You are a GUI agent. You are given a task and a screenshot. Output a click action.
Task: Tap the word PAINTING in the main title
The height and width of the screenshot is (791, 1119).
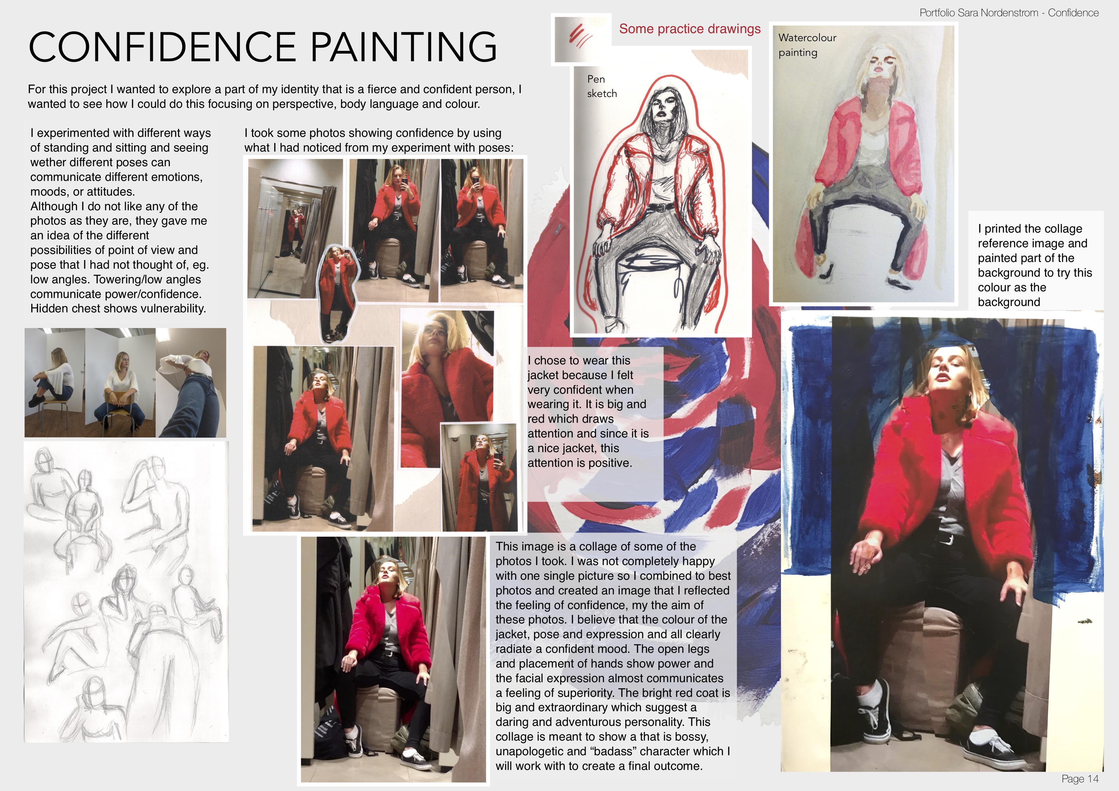[404, 47]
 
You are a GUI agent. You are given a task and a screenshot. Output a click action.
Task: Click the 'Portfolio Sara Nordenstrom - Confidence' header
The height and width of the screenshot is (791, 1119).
[1009, 13]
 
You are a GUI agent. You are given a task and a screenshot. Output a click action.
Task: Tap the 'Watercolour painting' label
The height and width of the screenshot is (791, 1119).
[807, 45]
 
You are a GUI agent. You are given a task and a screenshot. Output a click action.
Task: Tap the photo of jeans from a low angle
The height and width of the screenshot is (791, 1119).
[191, 383]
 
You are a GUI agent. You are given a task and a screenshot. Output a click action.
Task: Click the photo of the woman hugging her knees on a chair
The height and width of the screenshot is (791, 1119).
[55, 383]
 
